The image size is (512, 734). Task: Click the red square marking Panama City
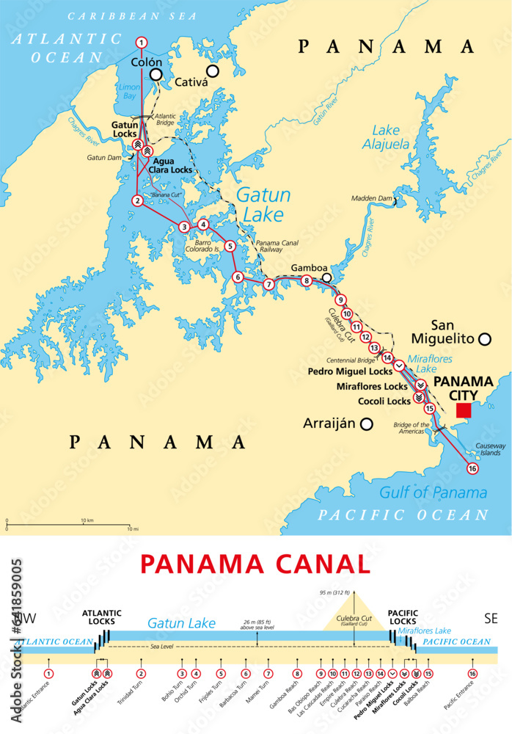coord(463,410)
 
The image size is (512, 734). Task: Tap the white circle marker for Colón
coord(156,75)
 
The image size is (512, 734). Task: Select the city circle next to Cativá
coord(213,71)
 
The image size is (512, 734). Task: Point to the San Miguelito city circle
coord(484,338)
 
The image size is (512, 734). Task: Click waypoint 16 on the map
coord(472,468)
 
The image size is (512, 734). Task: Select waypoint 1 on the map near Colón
coord(142,43)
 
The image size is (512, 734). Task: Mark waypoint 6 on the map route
coord(237,277)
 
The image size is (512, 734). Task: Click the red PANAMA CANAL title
coord(255,564)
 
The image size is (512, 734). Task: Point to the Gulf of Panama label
coord(433,492)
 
